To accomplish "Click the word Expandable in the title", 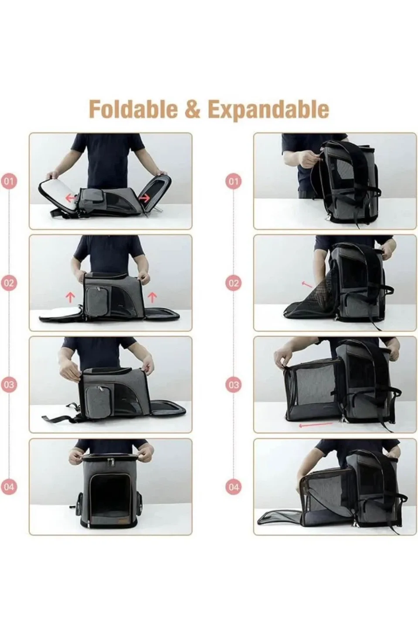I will pyautogui.click(x=268, y=109).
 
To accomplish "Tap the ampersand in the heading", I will pyautogui.click(x=192, y=109).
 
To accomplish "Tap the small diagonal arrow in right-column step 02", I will pyautogui.click(x=307, y=284).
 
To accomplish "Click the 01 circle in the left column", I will pyautogui.click(x=9, y=181).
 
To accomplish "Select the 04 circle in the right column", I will pyautogui.click(x=234, y=487).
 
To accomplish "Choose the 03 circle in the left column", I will pyautogui.click(x=9, y=385).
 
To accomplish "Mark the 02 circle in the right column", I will pyautogui.click(x=234, y=283).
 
